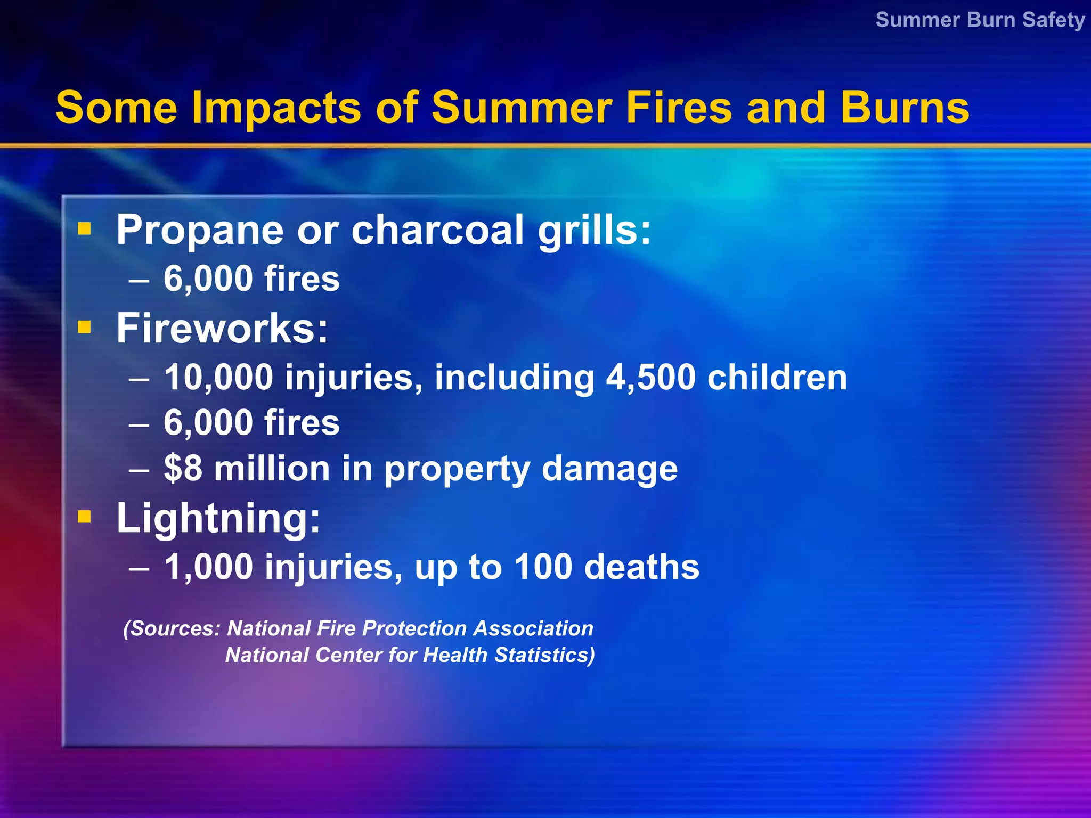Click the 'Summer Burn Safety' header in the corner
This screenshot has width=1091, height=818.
click(x=980, y=20)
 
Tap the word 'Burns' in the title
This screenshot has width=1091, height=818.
click(x=905, y=108)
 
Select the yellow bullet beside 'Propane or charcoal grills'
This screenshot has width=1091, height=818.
click(x=84, y=229)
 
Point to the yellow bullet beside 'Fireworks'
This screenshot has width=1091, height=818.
click(x=84, y=326)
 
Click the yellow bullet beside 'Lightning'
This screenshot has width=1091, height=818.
click(x=84, y=516)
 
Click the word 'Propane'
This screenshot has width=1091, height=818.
click(x=200, y=230)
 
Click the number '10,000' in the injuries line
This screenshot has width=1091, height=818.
click(x=218, y=377)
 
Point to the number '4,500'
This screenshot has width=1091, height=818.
click(x=650, y=377)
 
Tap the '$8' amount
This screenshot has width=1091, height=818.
click(x=183, y=468)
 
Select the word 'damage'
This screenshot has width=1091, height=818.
click(x=609, y=469)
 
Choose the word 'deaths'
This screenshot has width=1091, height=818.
click(x=641, y=567)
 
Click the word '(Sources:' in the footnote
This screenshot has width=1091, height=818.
click(x=172, y=629)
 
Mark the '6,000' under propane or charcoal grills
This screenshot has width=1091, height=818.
click(x=208, y=279)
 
